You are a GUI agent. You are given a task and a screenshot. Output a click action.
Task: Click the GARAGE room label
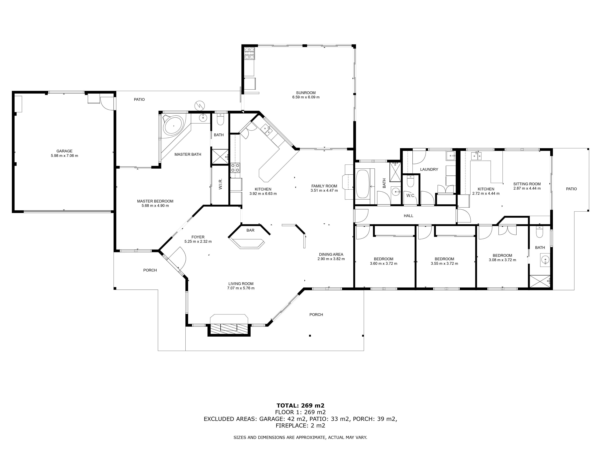tap(64, 151)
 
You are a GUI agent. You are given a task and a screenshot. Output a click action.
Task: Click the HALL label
tap(408, 216)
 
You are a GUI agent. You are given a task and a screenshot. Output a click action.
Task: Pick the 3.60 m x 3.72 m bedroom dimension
tap(383, 263)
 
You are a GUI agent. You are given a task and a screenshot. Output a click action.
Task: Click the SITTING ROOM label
tap(527, 184)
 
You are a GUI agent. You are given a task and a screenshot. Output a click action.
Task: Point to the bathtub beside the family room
tap(363, 184)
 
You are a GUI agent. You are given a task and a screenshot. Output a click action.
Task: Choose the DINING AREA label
tap(331, 254)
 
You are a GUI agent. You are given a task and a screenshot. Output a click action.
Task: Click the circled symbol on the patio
tap(200, 105)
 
